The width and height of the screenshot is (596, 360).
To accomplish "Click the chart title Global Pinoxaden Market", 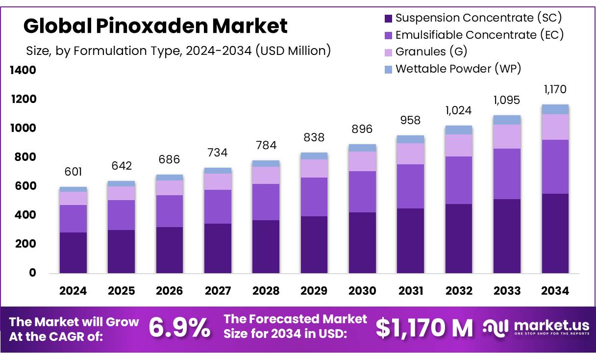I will coord(155,26).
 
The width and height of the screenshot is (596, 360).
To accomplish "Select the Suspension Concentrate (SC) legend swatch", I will coord(388,19).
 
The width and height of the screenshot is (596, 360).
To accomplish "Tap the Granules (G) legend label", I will coord(431,51).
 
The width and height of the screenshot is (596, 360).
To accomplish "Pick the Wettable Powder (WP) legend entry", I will coord(458,69).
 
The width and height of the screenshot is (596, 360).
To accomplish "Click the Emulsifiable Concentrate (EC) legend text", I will coord(479,35).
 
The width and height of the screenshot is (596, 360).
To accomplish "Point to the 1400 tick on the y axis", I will coord(23,71).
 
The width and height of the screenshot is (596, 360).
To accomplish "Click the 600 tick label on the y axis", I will coord(25,186).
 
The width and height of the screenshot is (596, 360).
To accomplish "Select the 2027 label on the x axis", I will coord(218,291).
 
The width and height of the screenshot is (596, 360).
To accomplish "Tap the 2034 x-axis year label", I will coord(555,291).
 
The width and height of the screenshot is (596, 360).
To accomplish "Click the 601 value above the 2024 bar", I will coord(73,172).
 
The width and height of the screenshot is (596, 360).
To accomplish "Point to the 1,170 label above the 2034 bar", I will coord(555,90).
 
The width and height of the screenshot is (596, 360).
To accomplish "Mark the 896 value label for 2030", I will coord(362,129).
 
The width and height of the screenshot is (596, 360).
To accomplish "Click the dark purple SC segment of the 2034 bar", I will coord(555,233).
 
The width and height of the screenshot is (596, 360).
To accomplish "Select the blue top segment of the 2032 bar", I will coord(459,130).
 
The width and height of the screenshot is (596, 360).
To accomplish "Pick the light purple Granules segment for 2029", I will coord(314,168).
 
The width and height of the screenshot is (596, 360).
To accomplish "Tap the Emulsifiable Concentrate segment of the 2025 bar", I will coord(121,215).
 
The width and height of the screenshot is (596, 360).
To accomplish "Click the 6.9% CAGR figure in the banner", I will coord(179,328).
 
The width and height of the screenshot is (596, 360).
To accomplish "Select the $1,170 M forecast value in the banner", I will coord(424,328).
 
